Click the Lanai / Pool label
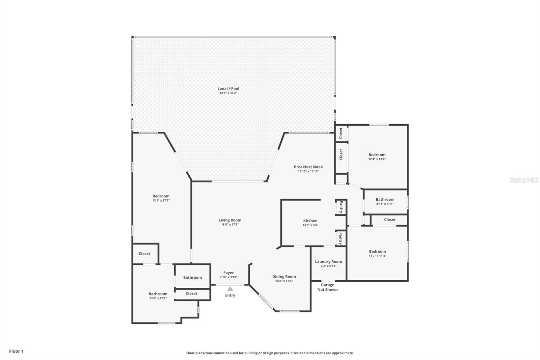pyautogui.click(x=228, y=88)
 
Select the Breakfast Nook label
pyautogui.click(x=308, y=167)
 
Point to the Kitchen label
pyautogui.click(x=310, y=221)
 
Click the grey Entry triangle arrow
pyautogui.click(x=230, y=289)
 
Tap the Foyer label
pyautogui.click(x=228, y=273)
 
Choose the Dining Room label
pyautogui.click(x=284, y=277)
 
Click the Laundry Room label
pyautogui.click(x=328, y=261)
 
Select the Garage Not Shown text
pyautogui.click(x=327, y=287)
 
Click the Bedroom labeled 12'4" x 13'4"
pyautogui.click(x=377, y=155)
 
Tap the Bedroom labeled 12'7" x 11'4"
pyautogui.click(x=377, y=252)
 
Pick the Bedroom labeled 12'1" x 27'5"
pyautogui.click(x=161, y=196)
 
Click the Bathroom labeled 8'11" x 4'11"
pyautogui.click(x=385, y=200)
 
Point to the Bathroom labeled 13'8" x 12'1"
pyautogui.click(x=158, y=294)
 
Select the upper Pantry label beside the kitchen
pyautogui.click(x=341, y=207)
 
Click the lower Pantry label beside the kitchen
pyautogui.click(x=341, y=238)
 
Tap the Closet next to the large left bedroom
pyautogui.click(x=144, y=254)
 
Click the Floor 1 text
pyautogui.click(x=16, y=351)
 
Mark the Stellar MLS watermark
pyautogui.click(x=524, y=180)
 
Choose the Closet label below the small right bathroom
pyautogui.click(x=389, y=220)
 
